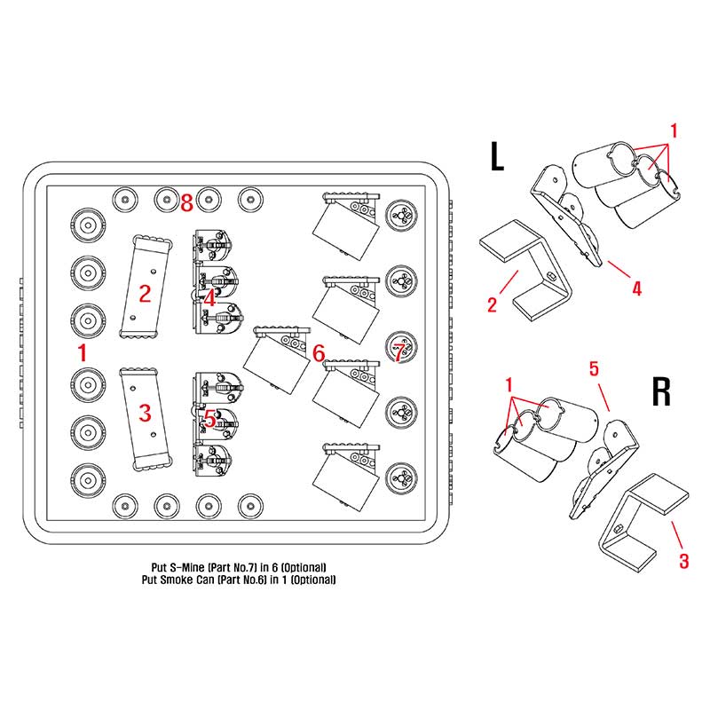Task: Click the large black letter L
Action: [x=497, y=156]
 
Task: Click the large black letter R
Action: [x=660, y=391]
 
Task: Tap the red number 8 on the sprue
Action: [x=187, y=203]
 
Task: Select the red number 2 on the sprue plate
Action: [x=145, y=294]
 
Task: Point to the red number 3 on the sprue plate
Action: [x=145, y=413]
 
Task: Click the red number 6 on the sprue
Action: [x=319, y=353]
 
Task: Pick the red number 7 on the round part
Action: [x=398, y=352]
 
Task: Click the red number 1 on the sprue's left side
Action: [x=82, y=352]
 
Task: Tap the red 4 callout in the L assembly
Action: [x=637, y=288]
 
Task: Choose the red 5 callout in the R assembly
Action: [x=594, y=369]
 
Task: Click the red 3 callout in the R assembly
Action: [x=683, y=561]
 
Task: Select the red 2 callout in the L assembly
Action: [x=493, y=304]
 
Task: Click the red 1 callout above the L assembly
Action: [x=674, y=130]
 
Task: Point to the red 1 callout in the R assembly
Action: [x=509, y=385]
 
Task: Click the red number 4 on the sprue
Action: [x=209, y=298]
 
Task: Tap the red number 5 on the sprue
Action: [x=209, y=418]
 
